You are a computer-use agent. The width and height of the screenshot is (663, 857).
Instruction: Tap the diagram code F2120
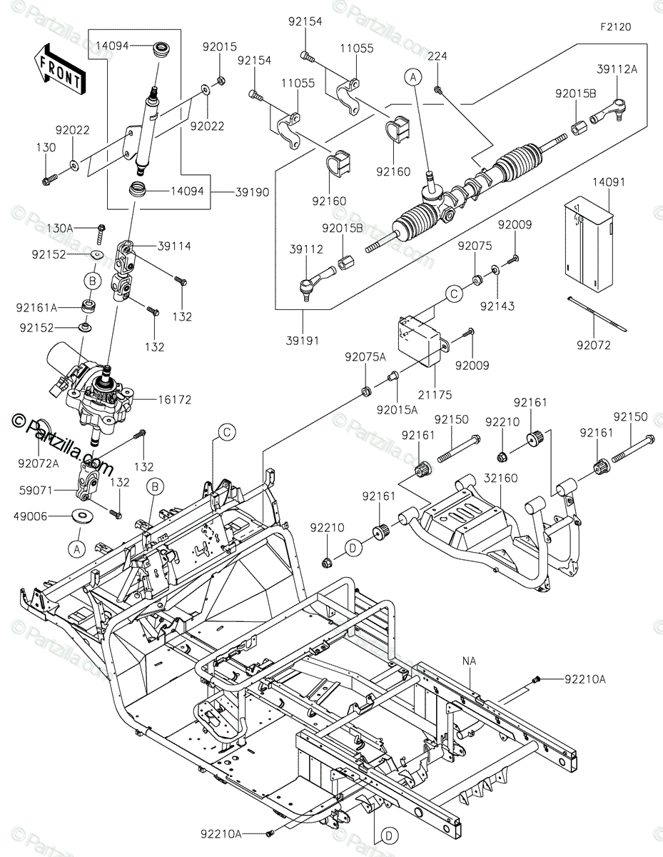(x=614, y=26)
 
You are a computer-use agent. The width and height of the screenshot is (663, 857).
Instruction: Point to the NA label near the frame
(x=470, y=662)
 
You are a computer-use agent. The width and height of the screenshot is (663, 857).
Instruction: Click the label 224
(x=437, y=56)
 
